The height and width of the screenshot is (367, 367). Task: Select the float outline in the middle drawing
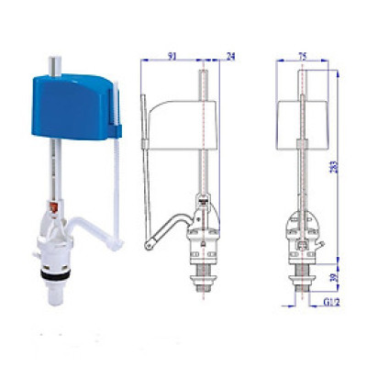pos(183,116)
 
